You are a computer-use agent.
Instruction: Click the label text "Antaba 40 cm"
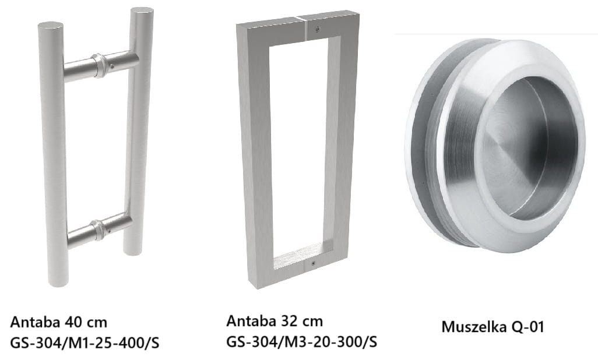click(x=58, y=322)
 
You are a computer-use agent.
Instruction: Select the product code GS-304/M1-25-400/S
click(x=85, y=343)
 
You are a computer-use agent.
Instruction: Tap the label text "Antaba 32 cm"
click(x=275, y=321)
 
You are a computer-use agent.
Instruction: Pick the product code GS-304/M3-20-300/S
click(x=302, y=341)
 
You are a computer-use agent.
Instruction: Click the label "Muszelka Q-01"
click(x=493, y=327)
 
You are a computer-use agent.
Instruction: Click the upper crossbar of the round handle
click(x=101, y=66)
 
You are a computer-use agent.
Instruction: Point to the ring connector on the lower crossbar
click(x=99, y=230)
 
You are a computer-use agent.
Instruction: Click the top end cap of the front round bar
click(x=50, y=26)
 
